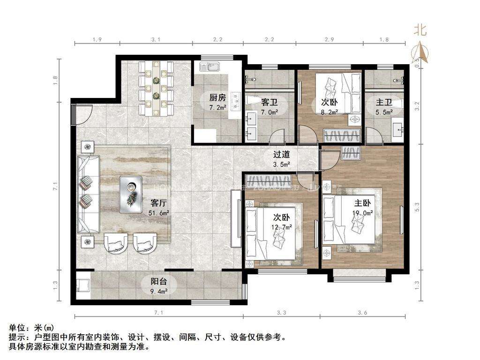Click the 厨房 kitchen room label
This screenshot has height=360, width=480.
(x=217, y=97)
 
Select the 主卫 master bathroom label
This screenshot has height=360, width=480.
(x=384, y=102)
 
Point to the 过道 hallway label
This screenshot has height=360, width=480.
(x=282, y=154)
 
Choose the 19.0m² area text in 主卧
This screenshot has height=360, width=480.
(x=362, y=213)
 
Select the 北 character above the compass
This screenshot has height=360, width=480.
(x=420, y=31)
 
